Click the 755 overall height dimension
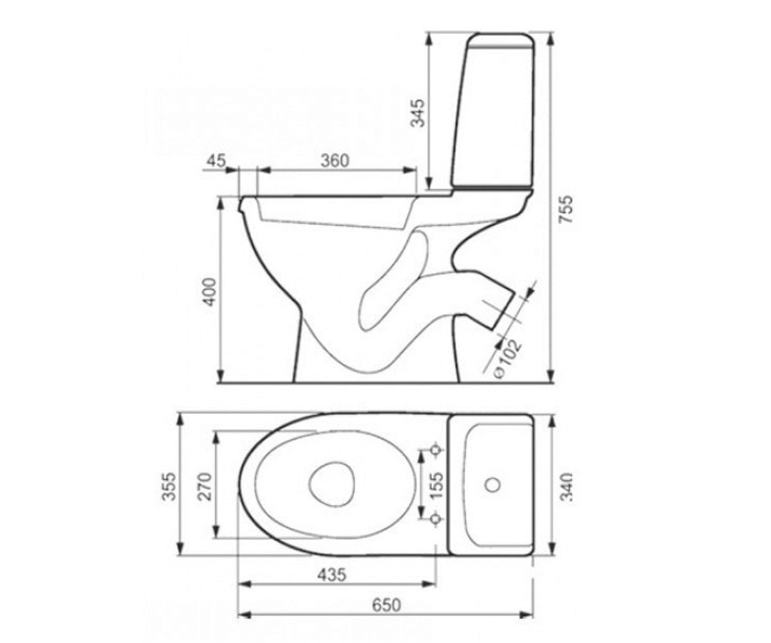point(565,209)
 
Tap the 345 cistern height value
point(418,113)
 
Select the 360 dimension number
point(335,161)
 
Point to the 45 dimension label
point(216,161)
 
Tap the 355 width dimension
point(170,486)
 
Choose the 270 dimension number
point(206,486)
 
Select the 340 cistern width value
point(566,486)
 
